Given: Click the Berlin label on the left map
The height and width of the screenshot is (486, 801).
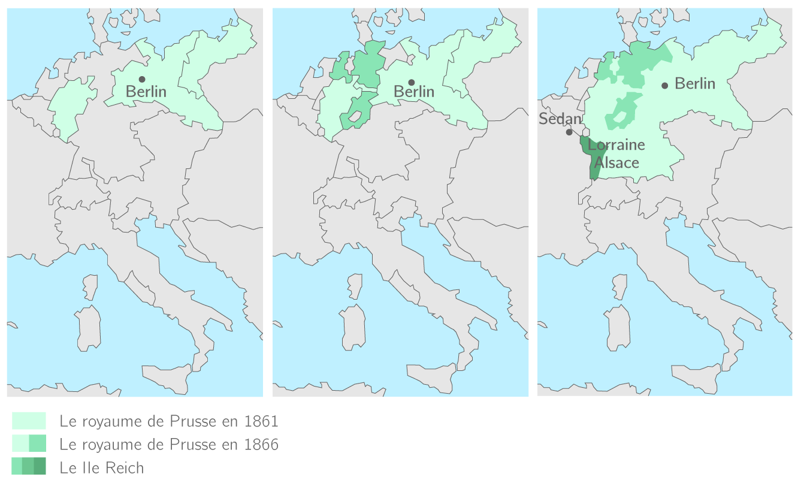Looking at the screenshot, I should point(146,92).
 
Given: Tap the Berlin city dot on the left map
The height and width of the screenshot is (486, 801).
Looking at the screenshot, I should point(142,79).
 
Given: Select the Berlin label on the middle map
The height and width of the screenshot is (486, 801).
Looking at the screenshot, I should point(414,92).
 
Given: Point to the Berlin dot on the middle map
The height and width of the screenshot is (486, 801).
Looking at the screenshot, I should point(412,82).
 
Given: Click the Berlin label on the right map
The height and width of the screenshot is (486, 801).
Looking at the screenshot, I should point(695,83).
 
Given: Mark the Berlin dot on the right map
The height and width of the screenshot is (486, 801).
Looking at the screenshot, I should point(664,85).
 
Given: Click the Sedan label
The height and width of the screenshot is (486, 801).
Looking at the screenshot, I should point(560,119).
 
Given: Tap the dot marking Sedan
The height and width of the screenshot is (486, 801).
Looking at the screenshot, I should point(569,132).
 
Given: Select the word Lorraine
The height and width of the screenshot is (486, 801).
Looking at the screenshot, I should point(616,145).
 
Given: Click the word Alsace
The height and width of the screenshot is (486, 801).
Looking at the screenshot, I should point(616,162).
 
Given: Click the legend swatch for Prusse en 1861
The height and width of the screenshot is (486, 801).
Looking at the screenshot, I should point(29,421).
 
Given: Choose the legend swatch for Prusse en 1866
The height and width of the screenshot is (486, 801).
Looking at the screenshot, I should point(29,443).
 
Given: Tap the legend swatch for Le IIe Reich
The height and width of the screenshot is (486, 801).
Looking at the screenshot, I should point(29,466).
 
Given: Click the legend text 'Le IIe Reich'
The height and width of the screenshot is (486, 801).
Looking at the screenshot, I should point(102,467).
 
